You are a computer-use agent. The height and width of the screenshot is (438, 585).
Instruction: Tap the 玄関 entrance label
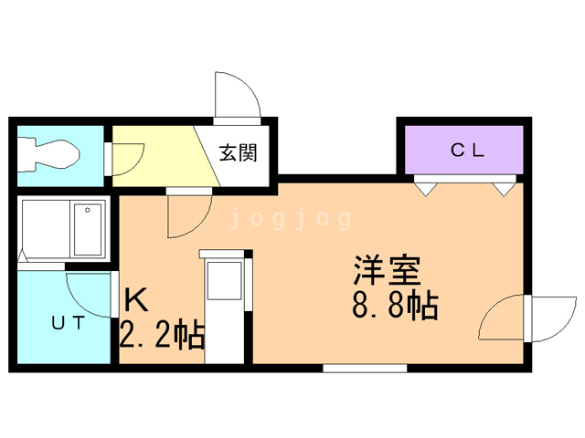238,152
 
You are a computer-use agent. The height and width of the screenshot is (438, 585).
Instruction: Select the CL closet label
467,150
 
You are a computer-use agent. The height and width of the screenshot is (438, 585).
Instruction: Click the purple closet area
464,150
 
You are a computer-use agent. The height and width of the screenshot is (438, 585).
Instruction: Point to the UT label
69,322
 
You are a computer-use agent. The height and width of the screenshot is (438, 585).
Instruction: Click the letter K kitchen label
136,300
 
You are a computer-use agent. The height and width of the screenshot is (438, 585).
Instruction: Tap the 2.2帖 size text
163,334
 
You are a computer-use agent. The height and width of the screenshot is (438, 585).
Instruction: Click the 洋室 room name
388,271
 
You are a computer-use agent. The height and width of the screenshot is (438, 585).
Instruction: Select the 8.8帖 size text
395,306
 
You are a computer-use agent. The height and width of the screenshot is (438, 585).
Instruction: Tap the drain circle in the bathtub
88,211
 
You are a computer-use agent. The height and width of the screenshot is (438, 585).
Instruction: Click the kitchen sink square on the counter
224,281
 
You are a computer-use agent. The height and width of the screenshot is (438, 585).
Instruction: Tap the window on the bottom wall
365,369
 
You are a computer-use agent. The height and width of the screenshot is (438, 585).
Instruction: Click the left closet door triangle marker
426,189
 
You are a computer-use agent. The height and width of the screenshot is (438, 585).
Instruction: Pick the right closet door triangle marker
504,189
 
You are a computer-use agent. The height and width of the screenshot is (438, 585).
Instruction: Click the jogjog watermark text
291,219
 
